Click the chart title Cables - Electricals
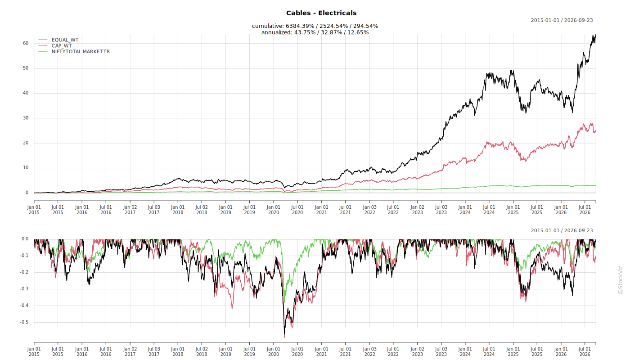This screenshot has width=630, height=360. pos(321,13)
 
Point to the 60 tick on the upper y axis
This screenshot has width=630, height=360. pos(26,43)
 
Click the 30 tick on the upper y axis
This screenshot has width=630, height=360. pos(26,118)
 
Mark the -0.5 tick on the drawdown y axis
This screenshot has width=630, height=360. pos(24,322)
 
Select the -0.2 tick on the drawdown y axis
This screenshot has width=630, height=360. pos(24,272)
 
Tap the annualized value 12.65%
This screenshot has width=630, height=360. pos(358,32)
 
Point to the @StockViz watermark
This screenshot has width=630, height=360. pos(621,280)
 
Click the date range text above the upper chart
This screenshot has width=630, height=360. pos(562,20)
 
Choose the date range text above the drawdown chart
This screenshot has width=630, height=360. pos(562,230)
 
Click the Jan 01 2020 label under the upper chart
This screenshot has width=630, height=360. pos(274,210)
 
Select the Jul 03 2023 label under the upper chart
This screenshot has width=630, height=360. pos(441,210)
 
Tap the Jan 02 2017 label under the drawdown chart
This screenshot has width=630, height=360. pos(130,351)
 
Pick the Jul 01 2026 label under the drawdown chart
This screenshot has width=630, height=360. pos(585,351)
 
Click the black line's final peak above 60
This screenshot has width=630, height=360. pos(595,35)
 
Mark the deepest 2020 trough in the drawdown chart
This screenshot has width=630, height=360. pos(284,337)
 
